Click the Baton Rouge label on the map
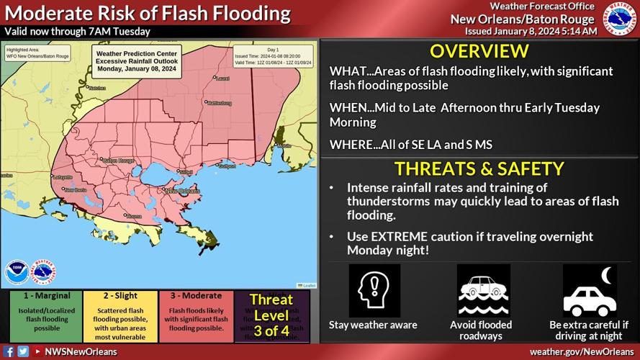(119, 161)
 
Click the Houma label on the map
(133, 215)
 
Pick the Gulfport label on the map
(227, 166)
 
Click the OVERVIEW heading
(479, 51)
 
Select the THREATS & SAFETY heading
(479, 169)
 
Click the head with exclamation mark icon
(374, 291)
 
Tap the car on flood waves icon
(483, 291)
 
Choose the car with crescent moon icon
(589, 291)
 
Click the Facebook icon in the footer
(9, 352)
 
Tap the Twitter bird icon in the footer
(23, 352)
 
